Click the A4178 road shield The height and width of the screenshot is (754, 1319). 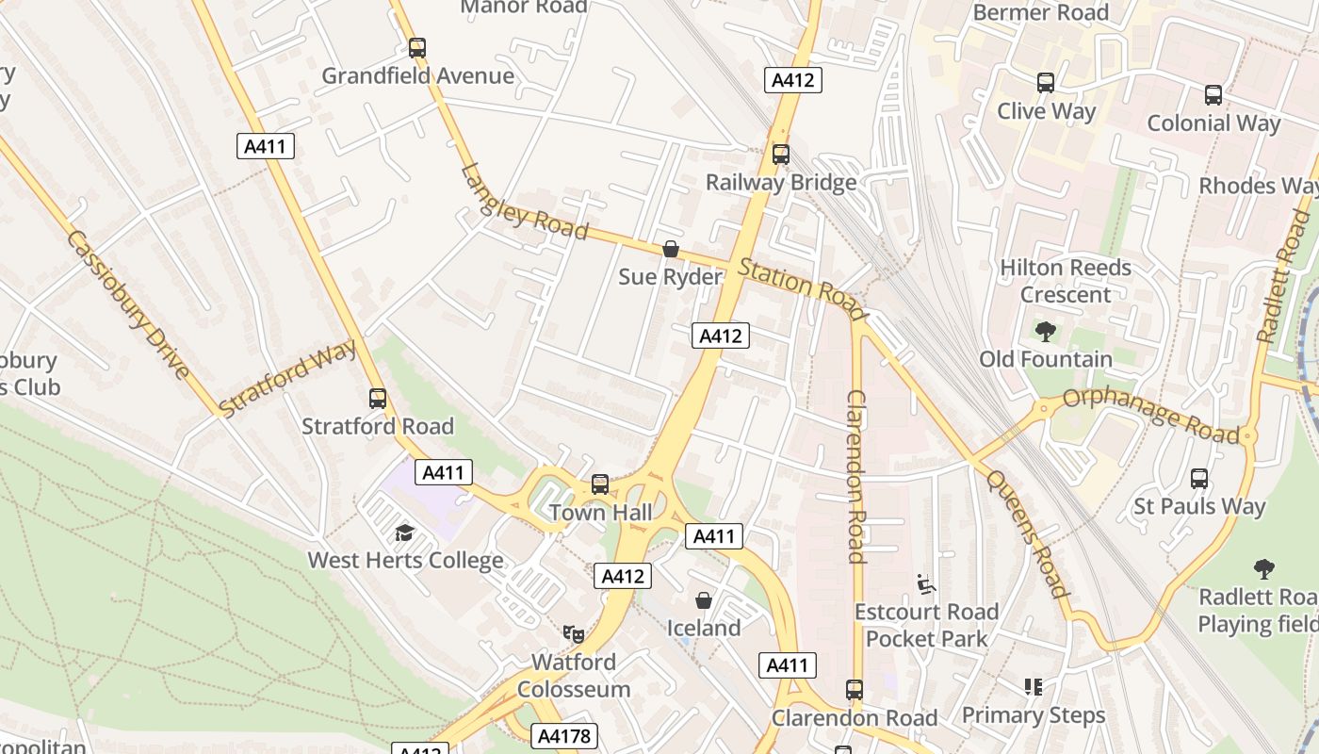(564, 736)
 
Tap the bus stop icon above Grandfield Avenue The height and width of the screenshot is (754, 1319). (416, 47)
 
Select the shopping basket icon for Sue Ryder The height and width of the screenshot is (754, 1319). (671, 249)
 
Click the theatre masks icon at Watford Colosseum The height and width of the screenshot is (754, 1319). (573, 633)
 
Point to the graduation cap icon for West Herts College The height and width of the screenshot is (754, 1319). (404, 533)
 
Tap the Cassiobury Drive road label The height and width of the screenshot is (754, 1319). (129, 304)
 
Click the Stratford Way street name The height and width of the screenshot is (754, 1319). (286, 378)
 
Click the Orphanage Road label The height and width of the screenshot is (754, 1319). (1150, 415)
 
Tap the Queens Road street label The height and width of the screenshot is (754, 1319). (1028, 533)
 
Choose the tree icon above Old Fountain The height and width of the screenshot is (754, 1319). (1045, 331)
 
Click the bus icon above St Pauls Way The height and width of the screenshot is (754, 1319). (1198, 479)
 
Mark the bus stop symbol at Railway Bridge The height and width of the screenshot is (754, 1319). (780, 155)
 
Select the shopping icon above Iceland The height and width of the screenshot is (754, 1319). (703, 600)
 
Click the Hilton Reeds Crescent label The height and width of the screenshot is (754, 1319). (1065, 281)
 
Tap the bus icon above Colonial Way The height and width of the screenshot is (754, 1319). (1213, 95)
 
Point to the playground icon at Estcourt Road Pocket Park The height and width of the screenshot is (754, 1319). (925, 584)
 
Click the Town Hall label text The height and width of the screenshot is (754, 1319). (600, 513)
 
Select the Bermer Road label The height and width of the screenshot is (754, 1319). (1040, 12)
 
